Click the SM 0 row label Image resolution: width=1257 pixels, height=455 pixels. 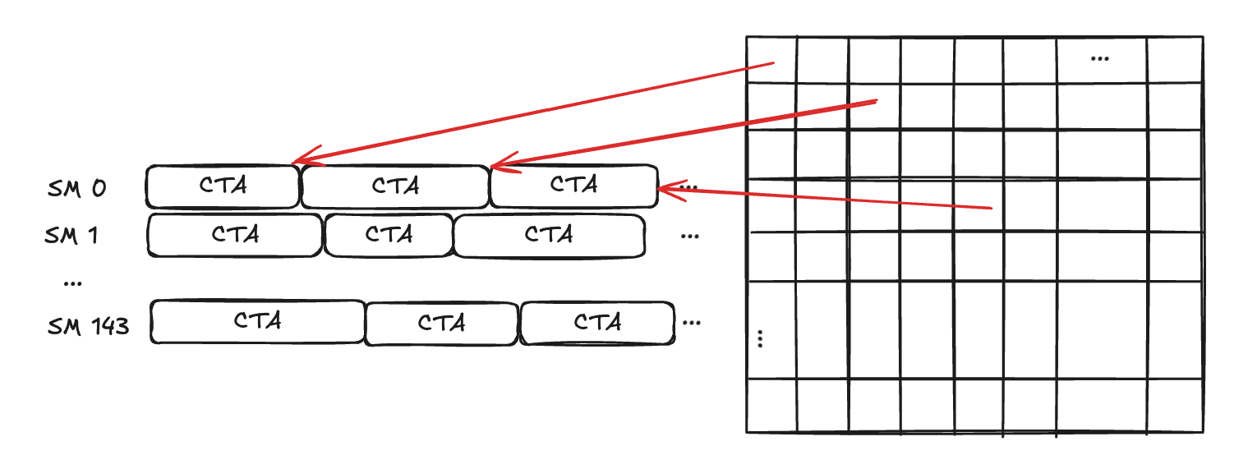coord(76,188)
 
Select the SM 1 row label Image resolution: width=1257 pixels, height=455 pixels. coord(71,235)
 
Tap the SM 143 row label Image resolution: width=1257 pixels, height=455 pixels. coord(88,326)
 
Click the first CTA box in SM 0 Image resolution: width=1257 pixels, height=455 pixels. coord(223,186)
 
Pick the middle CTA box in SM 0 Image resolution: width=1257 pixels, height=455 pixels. coord(395,186)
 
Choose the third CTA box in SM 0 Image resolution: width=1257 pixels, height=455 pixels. coord(573,186)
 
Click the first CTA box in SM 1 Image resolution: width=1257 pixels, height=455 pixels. coord(235,235)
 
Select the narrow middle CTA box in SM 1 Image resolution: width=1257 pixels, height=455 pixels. coord(389,235)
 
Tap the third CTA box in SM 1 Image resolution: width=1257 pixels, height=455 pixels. coord(549,235)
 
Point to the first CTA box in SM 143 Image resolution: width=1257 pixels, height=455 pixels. coord(257,321)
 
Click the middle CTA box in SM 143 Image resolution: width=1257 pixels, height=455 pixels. coord(441,324)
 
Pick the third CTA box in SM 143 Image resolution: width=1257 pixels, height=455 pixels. coord(597,323)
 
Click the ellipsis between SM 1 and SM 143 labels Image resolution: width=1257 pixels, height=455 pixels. coord(72,283)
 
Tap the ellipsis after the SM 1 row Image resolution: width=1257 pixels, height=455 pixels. coord(690,236)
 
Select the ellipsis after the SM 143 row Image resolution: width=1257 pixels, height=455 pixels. coord(691,322)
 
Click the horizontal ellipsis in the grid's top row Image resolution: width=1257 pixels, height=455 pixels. coord(1099,58)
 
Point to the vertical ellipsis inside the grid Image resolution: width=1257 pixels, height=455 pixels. coord(761,338)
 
